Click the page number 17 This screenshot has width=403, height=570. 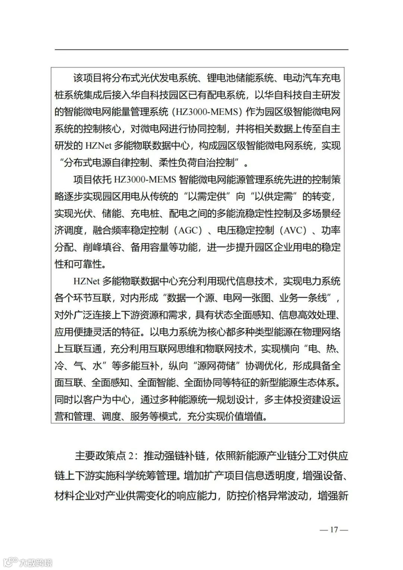(334, 529)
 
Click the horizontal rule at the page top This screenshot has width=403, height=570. (201, 50)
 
